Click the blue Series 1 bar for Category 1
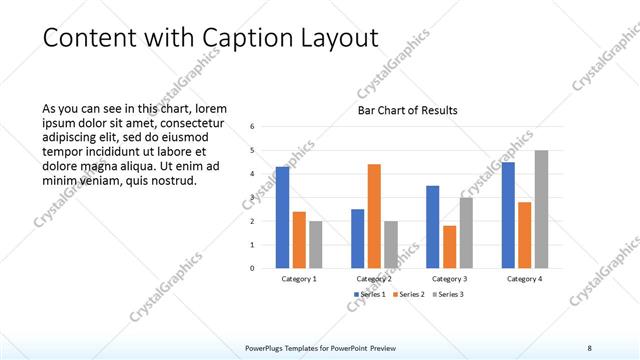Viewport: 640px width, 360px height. click(x=282, y=217)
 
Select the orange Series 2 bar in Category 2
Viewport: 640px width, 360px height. click(x=374, y=216)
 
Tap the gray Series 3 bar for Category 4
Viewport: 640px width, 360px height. click(x=541, y=209)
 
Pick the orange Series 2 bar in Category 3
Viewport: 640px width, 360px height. click(x=449, y=247)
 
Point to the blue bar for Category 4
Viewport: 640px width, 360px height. click(x=508, y=215)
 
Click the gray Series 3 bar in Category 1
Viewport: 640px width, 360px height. click(x=315, y=245)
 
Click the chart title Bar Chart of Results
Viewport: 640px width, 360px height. click(x=407, y=110)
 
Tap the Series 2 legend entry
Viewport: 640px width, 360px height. click(x=409, y=294)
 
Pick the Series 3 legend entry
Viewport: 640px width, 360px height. click(x=446, y=294)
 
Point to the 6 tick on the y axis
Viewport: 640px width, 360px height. click(x=253, y=127)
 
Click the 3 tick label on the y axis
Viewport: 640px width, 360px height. click(x=253, y=198)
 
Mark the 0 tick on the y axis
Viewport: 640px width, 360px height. click(x=253, y=268)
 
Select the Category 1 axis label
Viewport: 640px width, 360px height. click(x=299, y=279)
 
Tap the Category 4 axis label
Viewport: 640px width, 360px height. click(x=524, y=279)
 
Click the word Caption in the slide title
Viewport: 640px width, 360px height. click(x=247, y=38)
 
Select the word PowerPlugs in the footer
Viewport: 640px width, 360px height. click(x=267, y=347)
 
